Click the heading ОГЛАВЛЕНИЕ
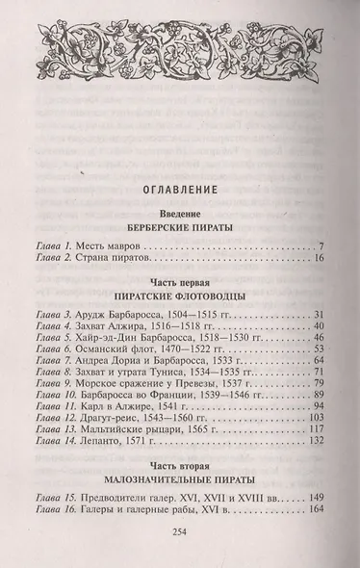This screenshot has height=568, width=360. (x=180, y=189)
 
